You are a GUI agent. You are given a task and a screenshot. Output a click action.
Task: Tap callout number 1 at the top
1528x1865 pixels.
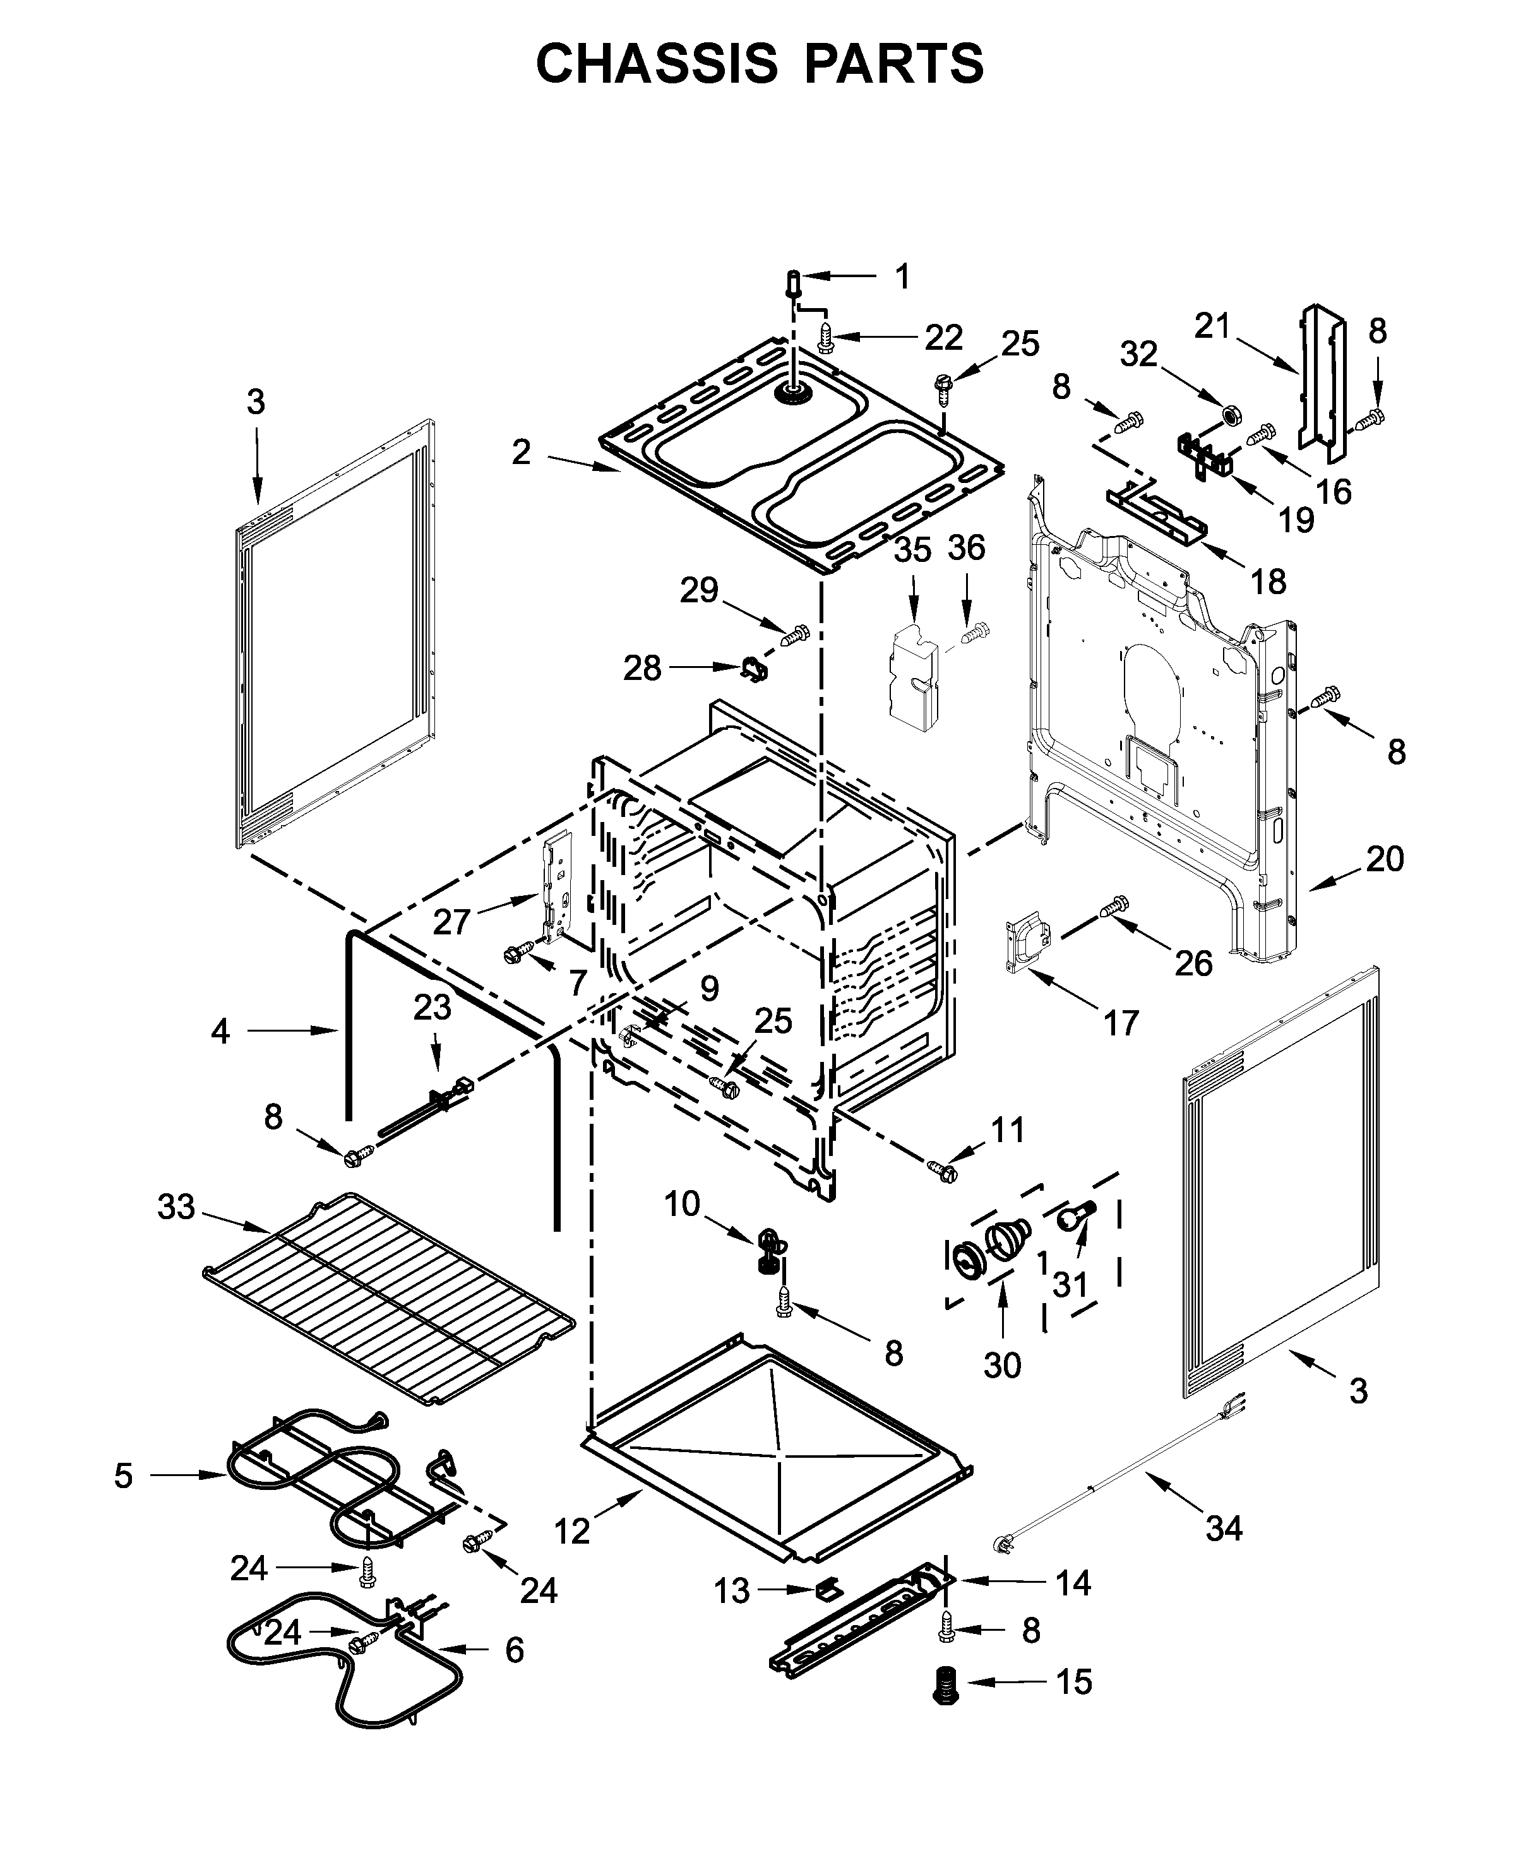click(x=902, y=277)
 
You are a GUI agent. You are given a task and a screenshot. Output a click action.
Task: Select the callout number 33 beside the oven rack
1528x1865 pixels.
click(x=176, y=1207)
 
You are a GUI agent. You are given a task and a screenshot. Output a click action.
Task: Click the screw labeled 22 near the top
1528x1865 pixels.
click(x=826, y=337)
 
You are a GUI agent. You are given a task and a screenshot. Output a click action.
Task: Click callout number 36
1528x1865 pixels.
click(x=965, y=547)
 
